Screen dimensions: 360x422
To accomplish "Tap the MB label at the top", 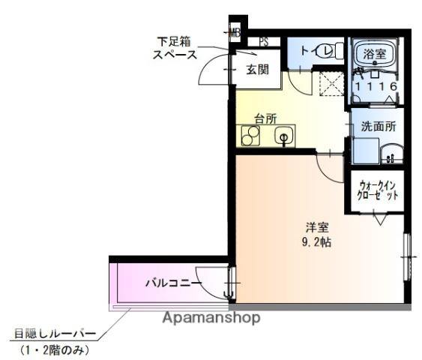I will pos(235,32).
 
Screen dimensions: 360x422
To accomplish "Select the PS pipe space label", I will pos(264,42).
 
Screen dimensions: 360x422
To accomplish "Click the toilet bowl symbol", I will pos(327,51).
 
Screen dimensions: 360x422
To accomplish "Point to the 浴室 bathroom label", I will pos(374,53).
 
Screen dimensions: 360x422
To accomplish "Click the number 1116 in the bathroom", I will pos(375,87).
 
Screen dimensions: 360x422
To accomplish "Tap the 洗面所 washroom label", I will pos(378,127).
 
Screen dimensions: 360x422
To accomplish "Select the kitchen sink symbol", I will pos(283,136).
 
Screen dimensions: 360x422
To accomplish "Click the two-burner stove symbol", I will pos(250,136).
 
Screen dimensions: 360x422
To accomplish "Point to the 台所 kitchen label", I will pos(265,118).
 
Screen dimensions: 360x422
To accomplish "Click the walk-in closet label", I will pos(379,190).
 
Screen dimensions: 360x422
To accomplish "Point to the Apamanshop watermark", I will pos(213,318).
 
